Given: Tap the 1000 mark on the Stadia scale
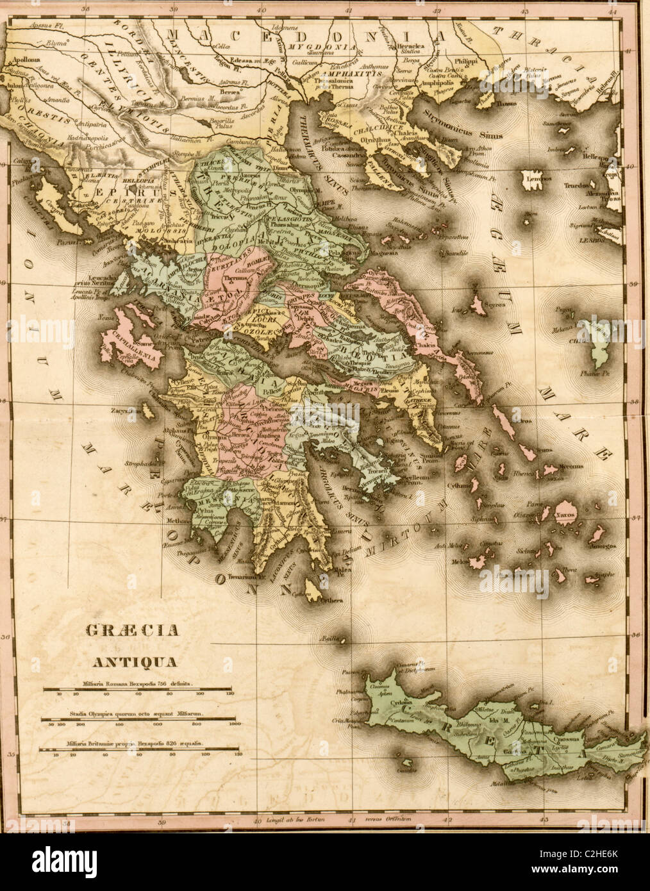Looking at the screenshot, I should coord(234,724).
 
